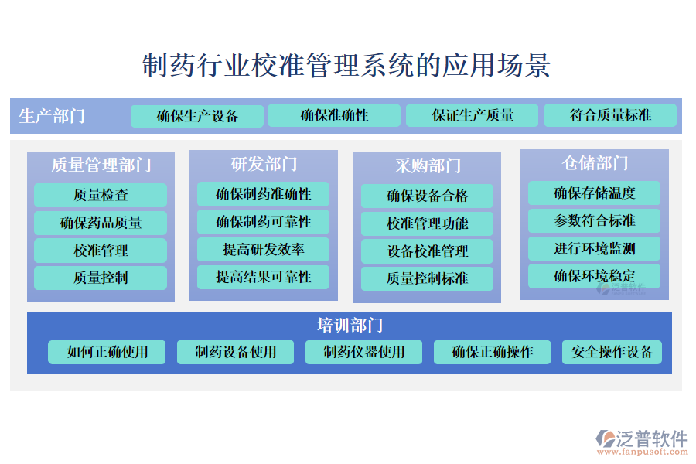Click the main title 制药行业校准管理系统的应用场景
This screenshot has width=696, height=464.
346,65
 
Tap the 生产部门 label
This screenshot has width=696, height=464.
52,116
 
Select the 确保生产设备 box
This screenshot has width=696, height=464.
197,116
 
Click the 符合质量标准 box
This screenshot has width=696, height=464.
610,115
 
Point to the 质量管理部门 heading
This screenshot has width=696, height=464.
101,165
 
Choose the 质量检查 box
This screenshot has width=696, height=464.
101,195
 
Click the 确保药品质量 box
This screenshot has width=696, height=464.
101,223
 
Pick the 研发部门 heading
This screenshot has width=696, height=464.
264,164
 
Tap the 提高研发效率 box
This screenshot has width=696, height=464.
263,249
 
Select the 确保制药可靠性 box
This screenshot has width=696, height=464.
263,222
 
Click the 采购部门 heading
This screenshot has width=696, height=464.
428,165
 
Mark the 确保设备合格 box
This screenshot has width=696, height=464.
427,196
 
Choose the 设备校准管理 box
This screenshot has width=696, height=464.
427,251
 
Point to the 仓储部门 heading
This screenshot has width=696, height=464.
595,163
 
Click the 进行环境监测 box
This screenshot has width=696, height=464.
594,248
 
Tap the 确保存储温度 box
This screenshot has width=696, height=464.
594,193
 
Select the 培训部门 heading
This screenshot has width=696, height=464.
350,325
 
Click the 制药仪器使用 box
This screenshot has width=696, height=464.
363,352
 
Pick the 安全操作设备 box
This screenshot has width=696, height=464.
612,352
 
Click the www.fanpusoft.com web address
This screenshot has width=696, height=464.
643,452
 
